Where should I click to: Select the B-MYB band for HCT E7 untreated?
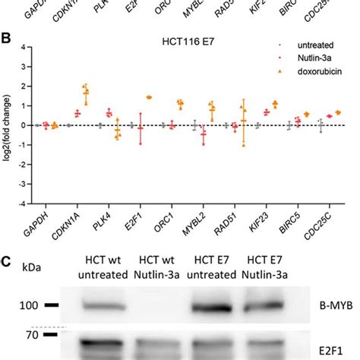(210, 308)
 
